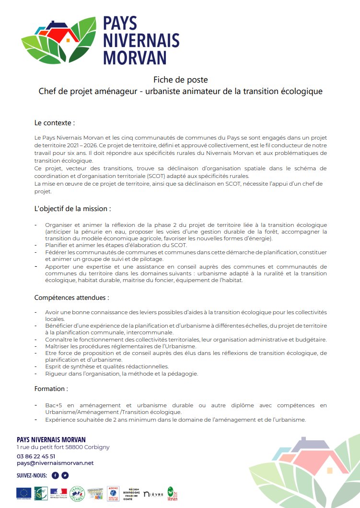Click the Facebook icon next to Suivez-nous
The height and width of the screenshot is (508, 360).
(55, 475)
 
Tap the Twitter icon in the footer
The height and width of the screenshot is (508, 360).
(65, 475)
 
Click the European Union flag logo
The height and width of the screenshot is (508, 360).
(24, 493)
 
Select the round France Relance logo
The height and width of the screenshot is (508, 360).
(77, 493)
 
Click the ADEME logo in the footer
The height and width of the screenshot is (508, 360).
(113, 493)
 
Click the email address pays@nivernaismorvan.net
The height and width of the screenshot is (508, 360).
(55, 463)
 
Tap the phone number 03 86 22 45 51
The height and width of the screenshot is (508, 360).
(36, 456)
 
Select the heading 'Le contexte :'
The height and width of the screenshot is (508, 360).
(55, 123)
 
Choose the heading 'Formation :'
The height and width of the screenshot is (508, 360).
(51, 388)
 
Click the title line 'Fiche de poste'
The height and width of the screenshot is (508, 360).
(180, 80)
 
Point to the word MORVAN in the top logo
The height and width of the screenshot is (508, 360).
(135, 58)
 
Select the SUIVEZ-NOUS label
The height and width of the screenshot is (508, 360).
(32, 475)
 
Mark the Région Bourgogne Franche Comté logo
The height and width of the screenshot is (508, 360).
(134, 493)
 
